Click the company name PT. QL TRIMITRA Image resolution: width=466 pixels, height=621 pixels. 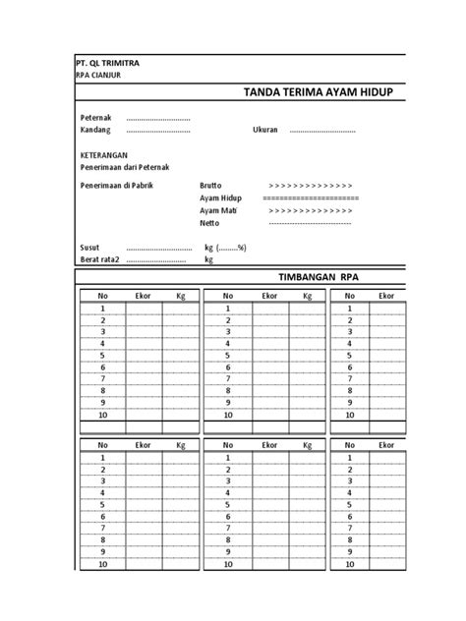tap(109, 63)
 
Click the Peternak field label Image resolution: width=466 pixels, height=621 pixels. tap(95, 118)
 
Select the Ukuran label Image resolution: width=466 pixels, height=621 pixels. tap(266, 130)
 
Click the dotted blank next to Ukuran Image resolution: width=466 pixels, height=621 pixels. tap(320, 130)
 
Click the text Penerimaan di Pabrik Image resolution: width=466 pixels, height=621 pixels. tap(118, 185)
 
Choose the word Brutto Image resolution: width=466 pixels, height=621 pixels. tap(211, 185)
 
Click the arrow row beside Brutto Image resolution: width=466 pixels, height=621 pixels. tap(311, 185)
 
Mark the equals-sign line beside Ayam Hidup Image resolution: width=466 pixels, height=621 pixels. tap(311, 198)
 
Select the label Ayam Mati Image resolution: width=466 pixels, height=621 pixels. tap(219, 210)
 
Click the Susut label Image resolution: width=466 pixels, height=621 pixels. tap(90, 248)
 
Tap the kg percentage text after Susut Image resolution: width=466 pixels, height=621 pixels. tap(225, 248)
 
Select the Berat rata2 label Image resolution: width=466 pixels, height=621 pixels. tap(99, 260)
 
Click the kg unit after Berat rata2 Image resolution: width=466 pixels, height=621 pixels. tap(208, 260)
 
